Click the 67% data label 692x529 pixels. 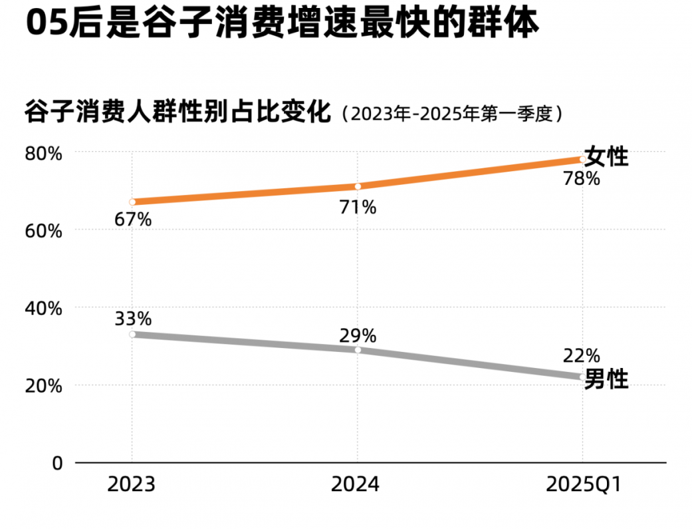click(x=132, y=219)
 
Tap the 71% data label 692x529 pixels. click(x=358, y=208)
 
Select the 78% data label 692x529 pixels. click(x=582, y=178)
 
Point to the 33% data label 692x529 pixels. click(x=132, y=319)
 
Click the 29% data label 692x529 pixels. click(x=358, y=335)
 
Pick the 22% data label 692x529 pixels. click(x=582, y=355)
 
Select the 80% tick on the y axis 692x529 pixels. click(x=45, y=154)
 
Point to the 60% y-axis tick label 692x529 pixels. click(x=45, y=232)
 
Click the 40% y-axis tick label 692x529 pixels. click(x=45, y=309)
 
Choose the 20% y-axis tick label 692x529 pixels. click(x=45, y=386)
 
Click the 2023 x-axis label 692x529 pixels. click(x=132, y=484)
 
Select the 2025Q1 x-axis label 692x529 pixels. click(x=584, y=484)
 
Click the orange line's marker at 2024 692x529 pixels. click(x=358, y=186)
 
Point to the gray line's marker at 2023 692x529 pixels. click(x=132, y=334)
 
